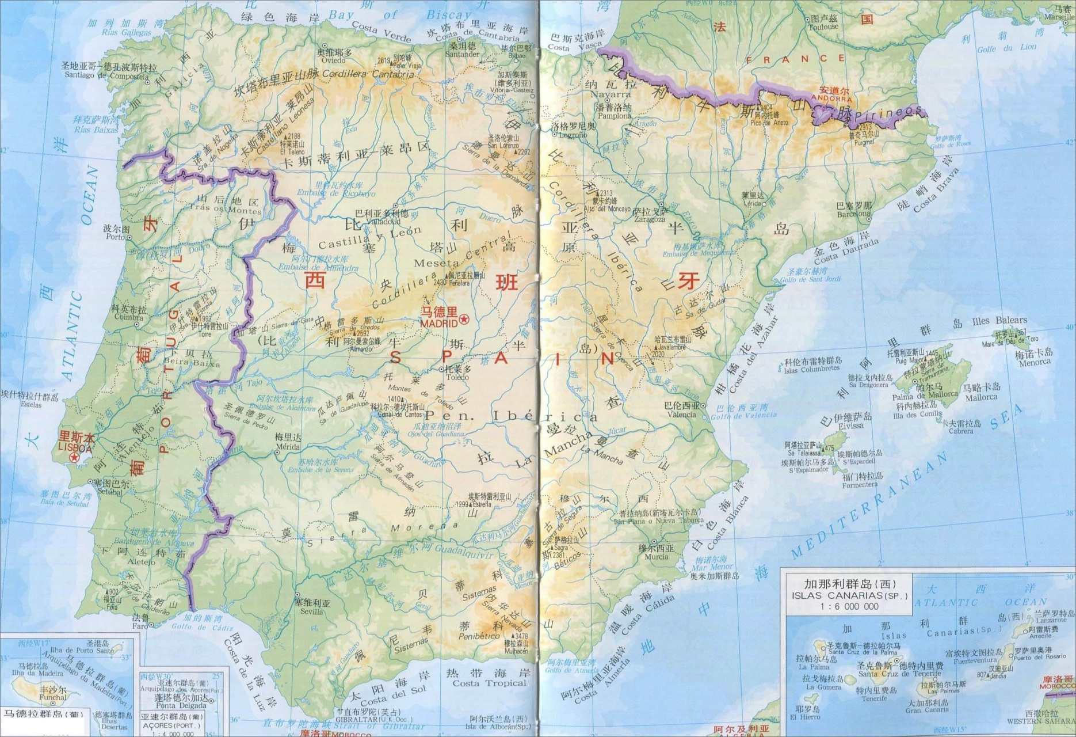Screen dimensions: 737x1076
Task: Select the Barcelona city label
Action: (854, 214)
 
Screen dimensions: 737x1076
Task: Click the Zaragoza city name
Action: (650, 219)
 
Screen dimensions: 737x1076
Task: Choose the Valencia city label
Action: (681, 414)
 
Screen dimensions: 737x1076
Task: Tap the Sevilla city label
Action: (311, 611)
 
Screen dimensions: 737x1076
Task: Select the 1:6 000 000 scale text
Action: (849, 606)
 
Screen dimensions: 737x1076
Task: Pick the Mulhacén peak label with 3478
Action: (516, 651)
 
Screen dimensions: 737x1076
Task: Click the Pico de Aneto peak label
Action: (769, 122)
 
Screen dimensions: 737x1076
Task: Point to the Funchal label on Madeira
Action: (52, 697)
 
